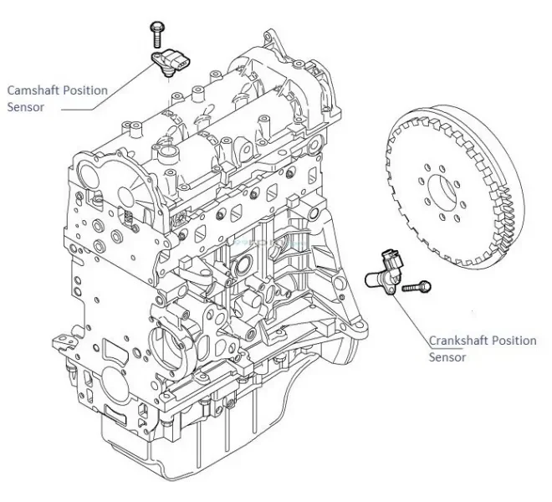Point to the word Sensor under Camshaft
[x=25, y=107]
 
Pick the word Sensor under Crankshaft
[x=447, y=357]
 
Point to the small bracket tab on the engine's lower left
[x=60, y=341]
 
